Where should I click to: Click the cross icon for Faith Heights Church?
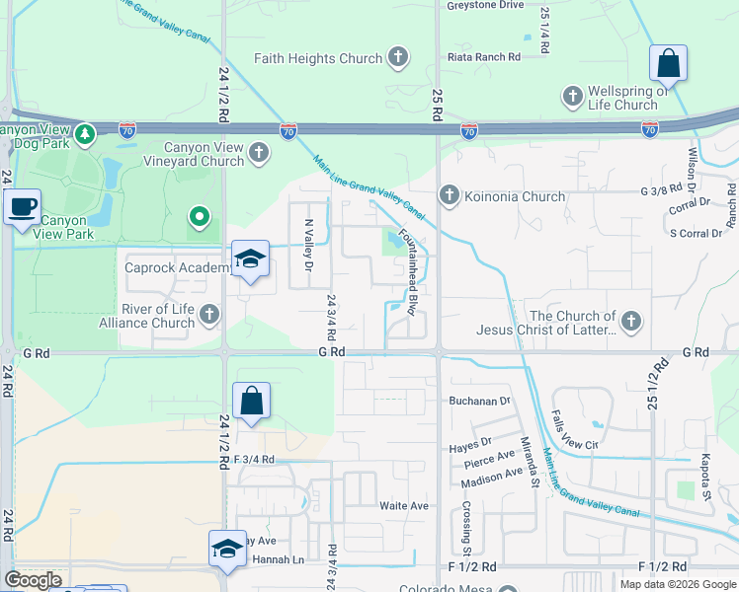[x=398, y=58]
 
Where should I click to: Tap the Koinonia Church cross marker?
[x=450, y=196]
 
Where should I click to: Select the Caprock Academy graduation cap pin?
[x=251, y=260]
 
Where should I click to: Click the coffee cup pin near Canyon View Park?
[x=22, y=208]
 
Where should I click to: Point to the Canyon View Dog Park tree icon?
[x=86, y=132]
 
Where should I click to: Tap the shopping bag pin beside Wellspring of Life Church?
[x=669, y=64]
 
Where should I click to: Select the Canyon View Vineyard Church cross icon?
[x=259, y=153]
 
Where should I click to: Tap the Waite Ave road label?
[x=404, y=505]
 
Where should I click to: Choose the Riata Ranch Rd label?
[x=484, y=57]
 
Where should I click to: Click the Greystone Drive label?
[x=485, y=5]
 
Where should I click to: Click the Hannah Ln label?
[x=277, y=559]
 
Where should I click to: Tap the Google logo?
[x=33, y=580]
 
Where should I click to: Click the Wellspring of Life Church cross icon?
[x=572, y=97]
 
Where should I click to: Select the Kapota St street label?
[x=706, y=476]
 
